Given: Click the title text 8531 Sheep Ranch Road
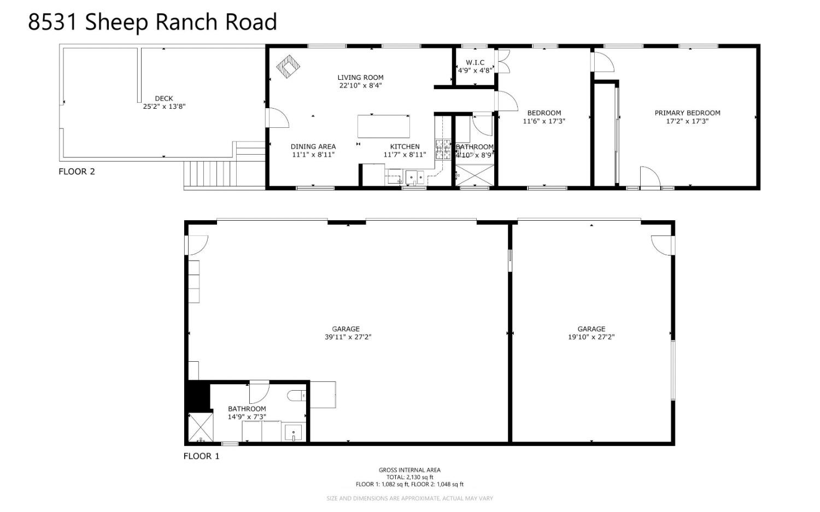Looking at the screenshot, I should [153, 22].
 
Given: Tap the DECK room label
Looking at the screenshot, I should [164, 99].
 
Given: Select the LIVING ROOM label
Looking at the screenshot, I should [360, 78].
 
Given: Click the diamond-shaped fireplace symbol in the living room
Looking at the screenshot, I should [288, 67].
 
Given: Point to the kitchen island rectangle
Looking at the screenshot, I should [384, 126].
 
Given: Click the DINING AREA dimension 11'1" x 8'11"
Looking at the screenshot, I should [313, 155].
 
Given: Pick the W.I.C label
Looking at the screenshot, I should [475, 62].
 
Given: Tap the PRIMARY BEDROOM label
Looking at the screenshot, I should [687, 113].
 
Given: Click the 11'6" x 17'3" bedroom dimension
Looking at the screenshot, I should [544, 121].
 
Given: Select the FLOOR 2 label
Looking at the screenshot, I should [77, 172].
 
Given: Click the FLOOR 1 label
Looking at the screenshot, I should [201, 456].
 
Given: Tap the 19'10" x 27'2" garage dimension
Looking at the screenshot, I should [591, 337].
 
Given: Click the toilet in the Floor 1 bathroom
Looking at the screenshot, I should [297, 396].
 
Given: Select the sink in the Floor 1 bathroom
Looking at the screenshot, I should [294, 433].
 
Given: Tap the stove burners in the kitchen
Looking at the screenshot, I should [443, 149].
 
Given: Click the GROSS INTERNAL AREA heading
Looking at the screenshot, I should [409, 470].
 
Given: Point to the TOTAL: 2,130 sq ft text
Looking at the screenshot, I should [409, 477].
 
